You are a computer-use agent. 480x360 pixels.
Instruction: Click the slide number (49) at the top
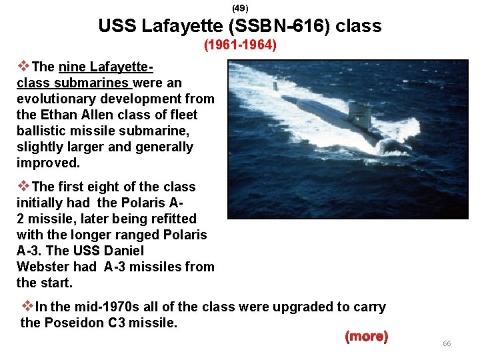(x=239, y=8)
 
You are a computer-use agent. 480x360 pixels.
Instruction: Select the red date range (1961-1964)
(x=240, y=46)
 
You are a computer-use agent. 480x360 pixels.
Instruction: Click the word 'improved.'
(x=48, y=163)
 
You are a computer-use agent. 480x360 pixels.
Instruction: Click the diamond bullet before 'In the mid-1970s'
(x=27, y=307)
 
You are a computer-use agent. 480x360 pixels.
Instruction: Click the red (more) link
(x=366, y=336)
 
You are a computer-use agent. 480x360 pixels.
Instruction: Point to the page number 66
(x=447, y=343)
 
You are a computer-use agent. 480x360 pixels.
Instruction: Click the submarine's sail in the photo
(x=359, y=114)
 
